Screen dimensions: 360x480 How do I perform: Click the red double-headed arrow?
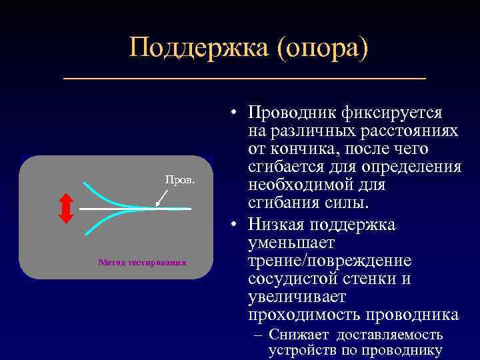(66, 208)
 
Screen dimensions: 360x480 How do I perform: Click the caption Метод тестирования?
(142, 262)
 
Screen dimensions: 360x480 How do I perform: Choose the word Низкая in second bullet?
(279, 225)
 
